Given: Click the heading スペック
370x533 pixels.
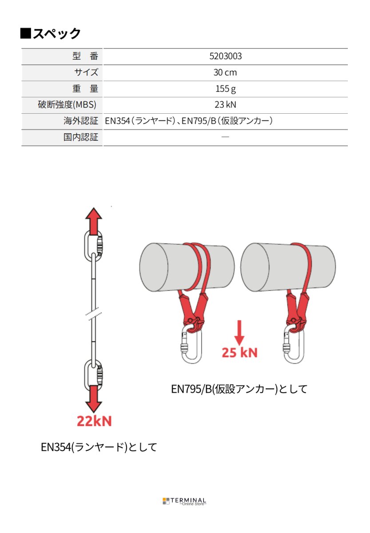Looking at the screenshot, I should click(51, 34).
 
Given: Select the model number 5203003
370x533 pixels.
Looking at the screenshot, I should click(225, 56).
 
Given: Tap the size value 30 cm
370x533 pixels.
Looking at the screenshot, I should click(225, 72).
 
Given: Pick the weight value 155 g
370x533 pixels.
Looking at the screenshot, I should click(225, 88).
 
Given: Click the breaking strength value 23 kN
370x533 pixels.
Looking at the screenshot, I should click(225, 105).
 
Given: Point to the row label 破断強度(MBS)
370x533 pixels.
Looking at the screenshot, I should click(67, 105).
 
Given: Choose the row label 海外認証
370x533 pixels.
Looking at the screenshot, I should click(80, 121).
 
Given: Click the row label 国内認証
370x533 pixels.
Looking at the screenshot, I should click(80, 137).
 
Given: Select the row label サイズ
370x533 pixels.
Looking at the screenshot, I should click(86, 72).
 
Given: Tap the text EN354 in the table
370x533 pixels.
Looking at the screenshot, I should click(117, 121).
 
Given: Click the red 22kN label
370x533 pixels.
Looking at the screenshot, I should click(94, 421).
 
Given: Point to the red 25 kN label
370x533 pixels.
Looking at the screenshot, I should click(239, 353).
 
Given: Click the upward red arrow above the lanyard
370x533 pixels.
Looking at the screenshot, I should click(94, 219).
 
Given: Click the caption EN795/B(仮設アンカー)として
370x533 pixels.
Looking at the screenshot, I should click(239, 389).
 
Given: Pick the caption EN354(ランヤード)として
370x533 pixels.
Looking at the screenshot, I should click(99, 447).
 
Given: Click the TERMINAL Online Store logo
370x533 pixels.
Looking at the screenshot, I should click(185, 501).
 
